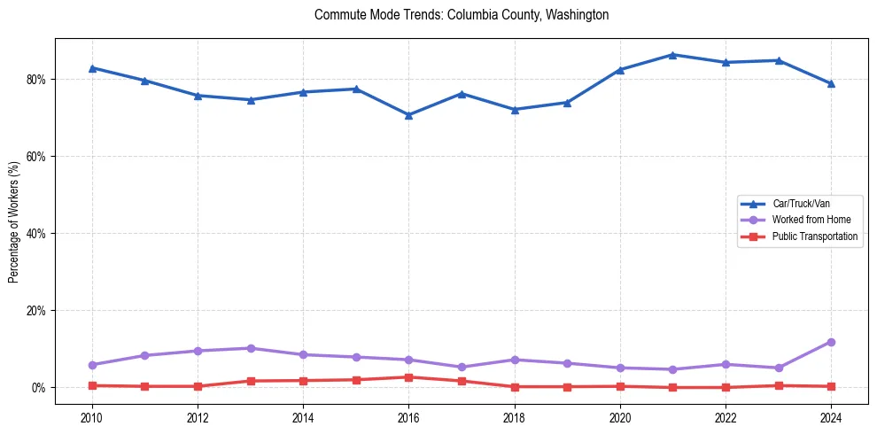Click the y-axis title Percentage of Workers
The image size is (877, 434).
pyautogui.click(x=14, y=221)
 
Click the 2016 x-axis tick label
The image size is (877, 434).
pyautogui.click(x=408, y=416)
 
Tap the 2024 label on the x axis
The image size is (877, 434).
pyautogui.click(x=831, y=416)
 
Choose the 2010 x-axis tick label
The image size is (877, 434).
pyautogui.click(x=91, y=416)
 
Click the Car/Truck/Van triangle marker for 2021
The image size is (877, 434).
pyautogui.click(x=672, y=55)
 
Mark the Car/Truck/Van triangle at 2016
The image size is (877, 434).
pyautogui.click(x=408, y=115)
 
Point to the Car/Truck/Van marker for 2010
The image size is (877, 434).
pyautogui.click(x=91, y=67)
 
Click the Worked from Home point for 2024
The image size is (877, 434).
pyautogui.click(x=831, y=342)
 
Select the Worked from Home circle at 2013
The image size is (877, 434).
pyautogui.click(x=250, y=348)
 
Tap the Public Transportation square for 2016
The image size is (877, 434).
pyautogui.click(x=408, y=377)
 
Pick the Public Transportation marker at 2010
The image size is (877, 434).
pyautogui.click(x=91, y=385)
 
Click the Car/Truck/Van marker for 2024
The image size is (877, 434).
pyautogui.click(x=831, y=84)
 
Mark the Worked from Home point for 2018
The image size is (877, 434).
pyautogui.click(x=514, y=360)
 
